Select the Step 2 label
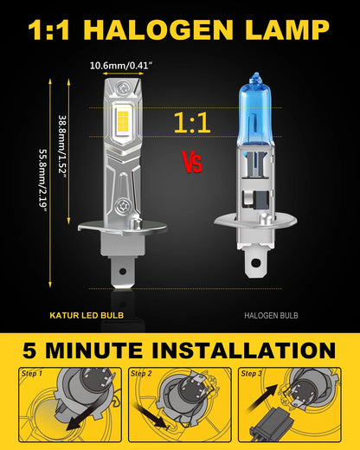point(143,374)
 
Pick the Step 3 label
point(253,374)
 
